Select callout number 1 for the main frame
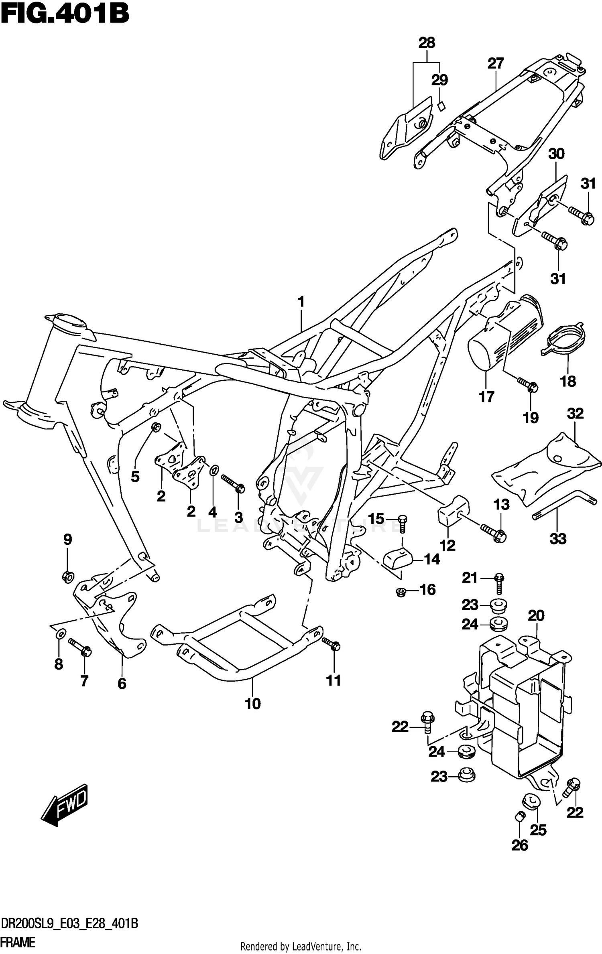click(301, 302)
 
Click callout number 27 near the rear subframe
click(496, 63)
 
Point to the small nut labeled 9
click(67, 577)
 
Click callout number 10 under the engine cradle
click(253, 704)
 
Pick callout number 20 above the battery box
click(536, 615)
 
